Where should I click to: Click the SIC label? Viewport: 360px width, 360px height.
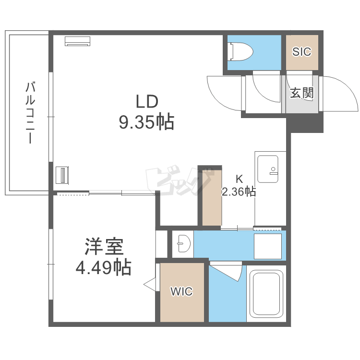pos(302,52)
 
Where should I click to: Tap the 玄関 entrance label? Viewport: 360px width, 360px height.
pos(301,93)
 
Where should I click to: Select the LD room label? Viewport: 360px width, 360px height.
pos(146,101)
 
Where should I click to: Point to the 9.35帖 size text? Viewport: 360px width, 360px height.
pos(146,122)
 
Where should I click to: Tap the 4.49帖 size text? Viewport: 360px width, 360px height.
pos(104,267)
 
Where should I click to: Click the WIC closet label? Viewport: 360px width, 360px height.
pos(182,291)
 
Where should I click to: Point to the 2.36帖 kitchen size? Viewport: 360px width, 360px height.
pos(239,192)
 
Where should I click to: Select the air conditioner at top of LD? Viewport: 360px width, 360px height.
pos(78,42)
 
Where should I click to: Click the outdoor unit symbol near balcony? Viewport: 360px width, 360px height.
pos(63,175)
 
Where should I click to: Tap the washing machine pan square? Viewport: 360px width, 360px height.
pos(268,246)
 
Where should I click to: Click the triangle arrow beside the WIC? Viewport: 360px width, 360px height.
pos(151,284)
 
